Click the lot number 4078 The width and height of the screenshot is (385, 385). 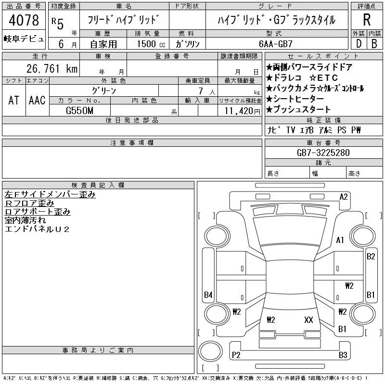(24, 20)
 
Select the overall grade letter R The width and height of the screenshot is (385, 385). (367, 20)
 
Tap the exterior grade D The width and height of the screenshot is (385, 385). (359, 44)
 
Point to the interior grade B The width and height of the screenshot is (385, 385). (374, 44)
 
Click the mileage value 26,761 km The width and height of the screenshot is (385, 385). (52, 68)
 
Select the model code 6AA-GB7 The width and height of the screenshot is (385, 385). (275, 44)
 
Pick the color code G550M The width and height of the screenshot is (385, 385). (79, 111)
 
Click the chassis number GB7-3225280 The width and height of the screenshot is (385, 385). (323, 153)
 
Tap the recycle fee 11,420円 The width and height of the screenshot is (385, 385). (242, 111)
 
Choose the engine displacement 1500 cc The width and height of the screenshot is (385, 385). (151, 44)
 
